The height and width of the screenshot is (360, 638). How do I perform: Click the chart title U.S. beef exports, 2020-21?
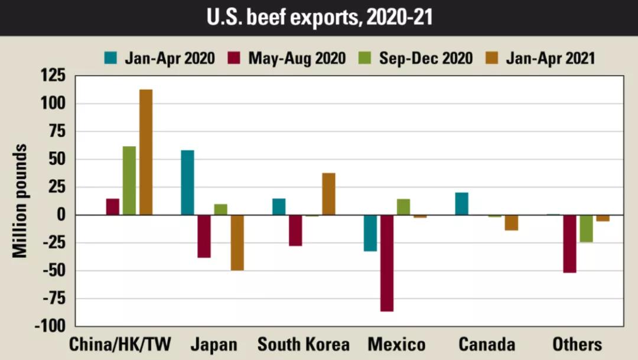[x=319, y=17]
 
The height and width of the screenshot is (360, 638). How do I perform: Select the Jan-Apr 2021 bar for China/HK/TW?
[x=145, y=152]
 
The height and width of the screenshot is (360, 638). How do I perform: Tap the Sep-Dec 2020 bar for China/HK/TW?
[x=129, y=180]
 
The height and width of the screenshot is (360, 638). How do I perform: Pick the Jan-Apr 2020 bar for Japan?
[x=187, y=183]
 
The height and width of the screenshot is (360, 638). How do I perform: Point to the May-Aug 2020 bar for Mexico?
[x=387, y=263]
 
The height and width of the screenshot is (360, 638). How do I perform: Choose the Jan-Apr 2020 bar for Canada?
[x=462, y=204]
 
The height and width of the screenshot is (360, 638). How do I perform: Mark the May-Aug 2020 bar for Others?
[x=569, y=244]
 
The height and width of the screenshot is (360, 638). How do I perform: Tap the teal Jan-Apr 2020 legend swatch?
[x=111, y=58]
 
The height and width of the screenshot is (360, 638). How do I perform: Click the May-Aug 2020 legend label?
[x=297, y=58]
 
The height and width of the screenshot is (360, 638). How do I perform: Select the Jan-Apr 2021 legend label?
[x=550, y=58]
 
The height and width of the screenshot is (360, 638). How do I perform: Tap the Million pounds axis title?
[x=20, y=200]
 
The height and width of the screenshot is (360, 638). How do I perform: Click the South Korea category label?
[x=304, y=345]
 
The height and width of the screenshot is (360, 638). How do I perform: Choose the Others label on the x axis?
[x=577, y=345]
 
